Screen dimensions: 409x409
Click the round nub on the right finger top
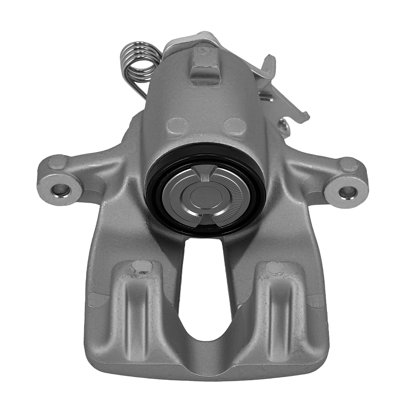point(272,267)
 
